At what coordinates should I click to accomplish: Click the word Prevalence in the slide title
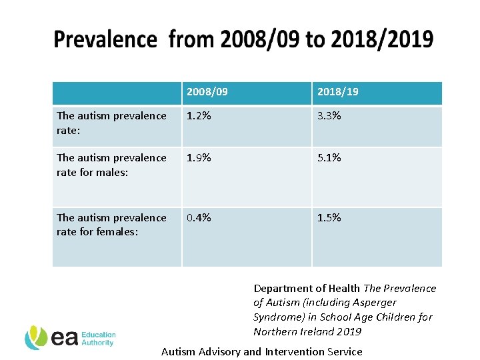105,39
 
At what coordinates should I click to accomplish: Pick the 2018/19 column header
337,91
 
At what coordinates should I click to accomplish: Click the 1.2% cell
199,116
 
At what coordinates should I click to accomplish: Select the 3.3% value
329,116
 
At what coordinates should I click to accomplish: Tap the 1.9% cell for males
199,158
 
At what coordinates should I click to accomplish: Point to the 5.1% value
329,158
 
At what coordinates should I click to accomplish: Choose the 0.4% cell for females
199,218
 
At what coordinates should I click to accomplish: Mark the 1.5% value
329,218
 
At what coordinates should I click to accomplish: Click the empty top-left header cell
117,93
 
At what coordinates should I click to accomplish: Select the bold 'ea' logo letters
65,339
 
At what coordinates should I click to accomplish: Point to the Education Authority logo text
99,339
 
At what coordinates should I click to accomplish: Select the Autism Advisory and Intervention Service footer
262,351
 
